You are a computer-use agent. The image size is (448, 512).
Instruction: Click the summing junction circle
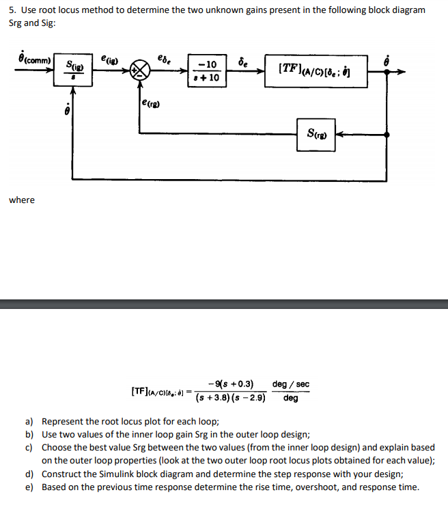tap(139, 70)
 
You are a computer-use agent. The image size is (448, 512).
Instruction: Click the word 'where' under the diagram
tap(21, 200)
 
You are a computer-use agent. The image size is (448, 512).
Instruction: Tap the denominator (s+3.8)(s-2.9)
tap(229, 398)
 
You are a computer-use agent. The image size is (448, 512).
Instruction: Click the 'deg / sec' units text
tap(290, 384)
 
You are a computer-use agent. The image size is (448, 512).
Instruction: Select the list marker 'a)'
tap(29, 422)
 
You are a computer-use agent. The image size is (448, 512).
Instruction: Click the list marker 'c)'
tap(29, 448)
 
